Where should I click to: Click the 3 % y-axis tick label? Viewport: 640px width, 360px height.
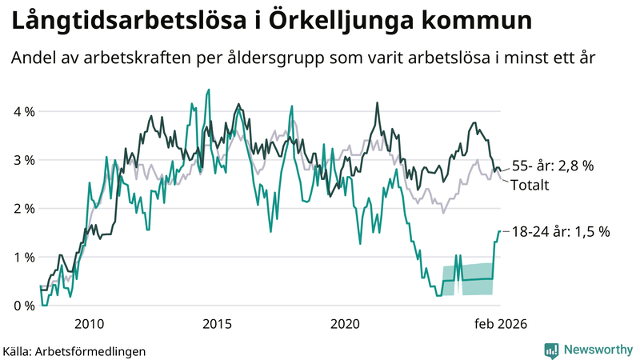22,160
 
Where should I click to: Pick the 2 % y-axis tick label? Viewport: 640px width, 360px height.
22,209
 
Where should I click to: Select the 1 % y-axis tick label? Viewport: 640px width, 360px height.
22,258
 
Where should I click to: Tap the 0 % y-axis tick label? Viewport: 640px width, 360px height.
22,306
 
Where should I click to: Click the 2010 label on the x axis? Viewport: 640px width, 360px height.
89,324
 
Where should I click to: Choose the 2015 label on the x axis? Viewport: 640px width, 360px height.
217,324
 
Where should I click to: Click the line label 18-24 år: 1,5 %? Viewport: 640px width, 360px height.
560,232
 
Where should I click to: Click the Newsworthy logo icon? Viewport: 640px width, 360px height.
551,350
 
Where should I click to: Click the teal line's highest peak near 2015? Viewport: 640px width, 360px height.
209,90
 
